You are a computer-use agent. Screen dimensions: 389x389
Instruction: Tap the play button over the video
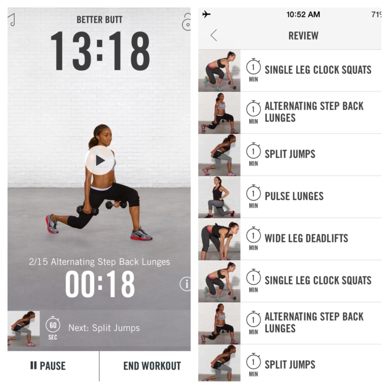pyautogui.click(x=100, y=160)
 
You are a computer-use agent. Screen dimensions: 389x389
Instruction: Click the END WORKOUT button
pyautogui.click(x=152, y=366)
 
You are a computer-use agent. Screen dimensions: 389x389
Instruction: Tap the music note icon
pyautogui.click(x=12, y=20)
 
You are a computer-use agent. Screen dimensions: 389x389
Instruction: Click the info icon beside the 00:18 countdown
pyautogui.click(x=185, y=283)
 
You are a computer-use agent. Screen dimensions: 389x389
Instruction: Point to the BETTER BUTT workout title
pyautogui.click(x=99, y=20)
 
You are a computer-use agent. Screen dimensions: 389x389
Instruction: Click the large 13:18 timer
pyautogui.click(x=100, y=51)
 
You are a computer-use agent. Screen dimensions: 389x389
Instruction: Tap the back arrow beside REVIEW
pyautogui.click(x=214, y=35)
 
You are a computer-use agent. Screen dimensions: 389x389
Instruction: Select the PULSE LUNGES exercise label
pyautogui.click(x=294, y=196)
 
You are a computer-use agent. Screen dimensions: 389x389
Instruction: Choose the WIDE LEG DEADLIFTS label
pyautogui.click(x=306, y=238)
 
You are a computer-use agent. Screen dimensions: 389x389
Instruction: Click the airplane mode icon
pyautogui.click(x=206, y=14)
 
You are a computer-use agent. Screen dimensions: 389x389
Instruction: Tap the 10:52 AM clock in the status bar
pyautogui.click(x=303, y=14)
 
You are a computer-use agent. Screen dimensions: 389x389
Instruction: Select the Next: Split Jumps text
pyautogui.click(x=104, y=328)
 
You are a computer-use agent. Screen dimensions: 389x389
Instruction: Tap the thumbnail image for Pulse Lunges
pyautogui.click(x=219, y=197)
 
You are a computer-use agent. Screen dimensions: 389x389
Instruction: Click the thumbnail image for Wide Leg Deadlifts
pyautogui.click(x=219, y=239)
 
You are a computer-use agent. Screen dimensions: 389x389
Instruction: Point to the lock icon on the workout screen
pyautogui.click(x=187, y=22)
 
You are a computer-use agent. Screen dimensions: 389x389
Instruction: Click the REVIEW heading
pyautogui.click(x=303, y=36)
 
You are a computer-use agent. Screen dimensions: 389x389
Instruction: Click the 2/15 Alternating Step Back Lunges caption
pyautogui.click(x=100, y=262)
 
